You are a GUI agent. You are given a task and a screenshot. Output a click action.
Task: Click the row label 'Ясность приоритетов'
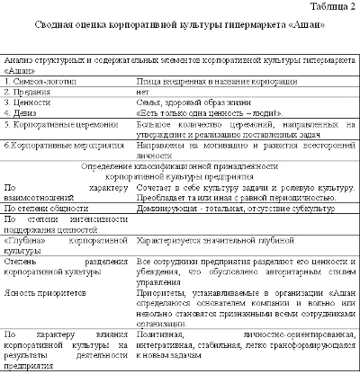[x=46, y=293]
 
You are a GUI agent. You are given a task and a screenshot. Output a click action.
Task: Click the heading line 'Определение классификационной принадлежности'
[x=180, y=167]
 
